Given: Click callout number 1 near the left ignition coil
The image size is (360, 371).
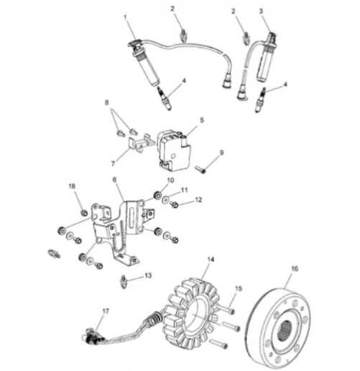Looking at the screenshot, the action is [125, 17].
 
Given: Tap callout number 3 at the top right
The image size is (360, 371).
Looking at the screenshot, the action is [261, 11].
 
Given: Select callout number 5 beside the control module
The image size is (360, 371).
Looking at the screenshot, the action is [202, 120].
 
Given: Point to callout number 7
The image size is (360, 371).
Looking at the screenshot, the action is [113, 163].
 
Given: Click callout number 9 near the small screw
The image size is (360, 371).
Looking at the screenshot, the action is [221, 152].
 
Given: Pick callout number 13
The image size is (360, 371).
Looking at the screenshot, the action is [148, 275].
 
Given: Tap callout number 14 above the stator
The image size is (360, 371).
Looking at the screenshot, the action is [211, 260].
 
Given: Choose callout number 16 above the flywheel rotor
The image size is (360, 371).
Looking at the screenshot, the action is [295, 269].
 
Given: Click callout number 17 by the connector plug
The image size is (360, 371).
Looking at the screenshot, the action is [106, 311].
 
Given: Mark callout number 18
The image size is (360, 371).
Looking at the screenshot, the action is [72, 186].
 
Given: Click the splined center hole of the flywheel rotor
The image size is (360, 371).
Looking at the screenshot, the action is [285, 331].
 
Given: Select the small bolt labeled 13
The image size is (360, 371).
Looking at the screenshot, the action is [124, 282].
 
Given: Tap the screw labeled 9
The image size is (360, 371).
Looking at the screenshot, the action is [200, 170].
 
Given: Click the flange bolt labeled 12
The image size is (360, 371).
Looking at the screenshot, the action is [174, 205].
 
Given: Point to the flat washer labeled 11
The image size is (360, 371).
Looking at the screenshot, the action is [165, 200].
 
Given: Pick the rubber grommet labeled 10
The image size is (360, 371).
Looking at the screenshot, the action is [157, 196].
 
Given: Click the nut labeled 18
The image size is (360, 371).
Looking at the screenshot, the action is [84, 212].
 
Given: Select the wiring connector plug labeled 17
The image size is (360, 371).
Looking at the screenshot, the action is [93, 337].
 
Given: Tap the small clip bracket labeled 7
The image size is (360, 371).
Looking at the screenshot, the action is [142, 142].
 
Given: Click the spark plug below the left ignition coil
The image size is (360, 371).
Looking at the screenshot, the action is [165, 99].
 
